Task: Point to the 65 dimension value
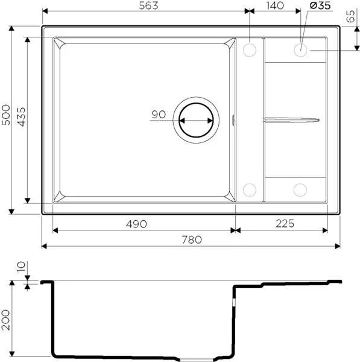point(351,17)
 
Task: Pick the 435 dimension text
point(21,117)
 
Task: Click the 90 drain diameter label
point(159,115)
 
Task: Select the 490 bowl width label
point(137,224)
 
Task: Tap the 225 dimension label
point(283,224)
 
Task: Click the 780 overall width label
point(191,240)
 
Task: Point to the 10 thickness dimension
point(22,266)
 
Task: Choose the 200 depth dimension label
point(6,319)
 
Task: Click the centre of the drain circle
point(194,119)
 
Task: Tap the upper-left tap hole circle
point(249,49)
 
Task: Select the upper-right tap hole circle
point(301,49)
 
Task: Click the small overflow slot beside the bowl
point(234,119)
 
